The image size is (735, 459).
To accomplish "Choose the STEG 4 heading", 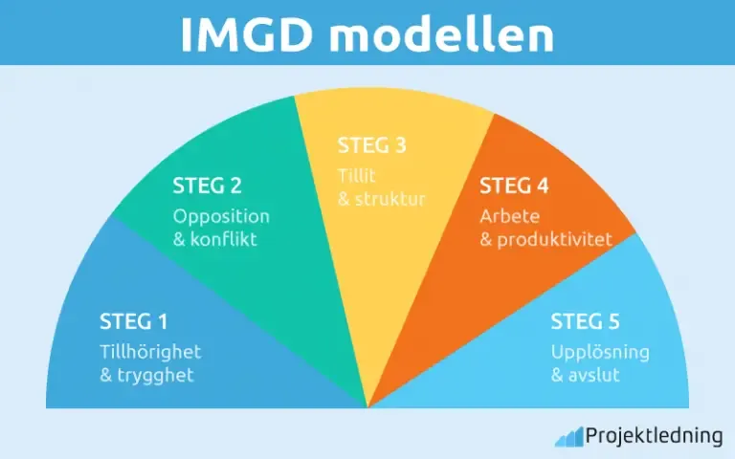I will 514,186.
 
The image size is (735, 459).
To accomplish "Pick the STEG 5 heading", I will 585,321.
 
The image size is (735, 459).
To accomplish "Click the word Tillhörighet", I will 150,351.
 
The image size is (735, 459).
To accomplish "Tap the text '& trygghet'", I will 146,375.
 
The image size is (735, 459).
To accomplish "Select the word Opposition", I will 221,215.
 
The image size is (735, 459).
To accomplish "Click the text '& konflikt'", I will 215,239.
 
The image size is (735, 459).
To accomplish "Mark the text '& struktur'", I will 381,199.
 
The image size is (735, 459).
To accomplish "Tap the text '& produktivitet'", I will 546,239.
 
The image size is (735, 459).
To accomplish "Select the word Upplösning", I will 600,351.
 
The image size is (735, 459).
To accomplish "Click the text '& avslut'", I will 585,375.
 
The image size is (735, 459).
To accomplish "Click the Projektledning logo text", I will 655,436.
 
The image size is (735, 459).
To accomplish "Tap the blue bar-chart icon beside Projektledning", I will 568,437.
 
